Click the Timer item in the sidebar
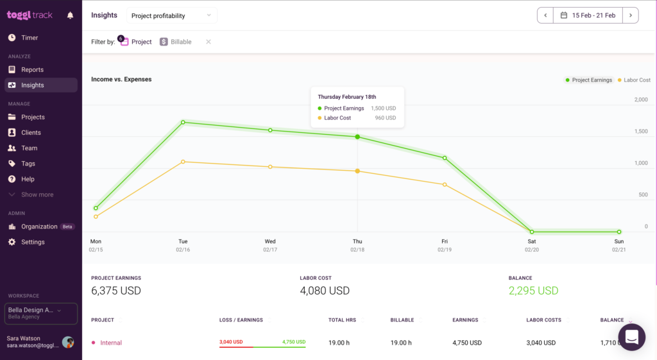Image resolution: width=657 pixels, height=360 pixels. pos(29,38)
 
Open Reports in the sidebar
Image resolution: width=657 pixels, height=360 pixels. pos(32,69)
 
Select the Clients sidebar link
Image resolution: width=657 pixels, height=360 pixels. pos(30,133)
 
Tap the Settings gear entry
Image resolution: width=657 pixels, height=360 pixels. pos(32,242)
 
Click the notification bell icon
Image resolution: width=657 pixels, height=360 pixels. pos(71,15)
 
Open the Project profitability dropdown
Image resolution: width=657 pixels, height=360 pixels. pos(171,15)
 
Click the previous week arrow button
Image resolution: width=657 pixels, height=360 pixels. pos(545,15)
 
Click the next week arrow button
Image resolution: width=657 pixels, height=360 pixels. pos(631,15)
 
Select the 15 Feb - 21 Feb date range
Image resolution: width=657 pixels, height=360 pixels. pos(588,15)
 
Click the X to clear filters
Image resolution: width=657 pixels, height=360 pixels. pos(208,42)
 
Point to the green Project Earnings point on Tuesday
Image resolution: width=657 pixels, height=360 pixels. pos(183,122)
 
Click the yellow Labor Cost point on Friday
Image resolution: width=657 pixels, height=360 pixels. pos(445,185)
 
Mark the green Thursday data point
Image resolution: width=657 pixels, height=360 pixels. pos(357,137)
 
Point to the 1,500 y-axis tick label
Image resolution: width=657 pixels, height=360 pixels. pos(640,132)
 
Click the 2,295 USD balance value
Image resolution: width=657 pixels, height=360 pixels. pos(533,291)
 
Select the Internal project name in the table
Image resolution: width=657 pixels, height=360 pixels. pos(111,343)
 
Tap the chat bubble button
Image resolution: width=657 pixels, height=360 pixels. pos(631,337)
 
